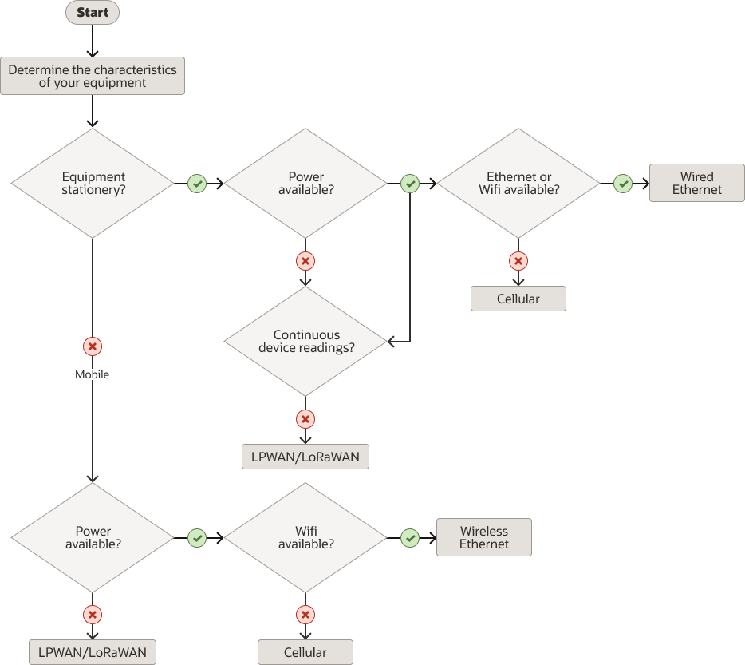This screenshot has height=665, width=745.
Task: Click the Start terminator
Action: [93, 13]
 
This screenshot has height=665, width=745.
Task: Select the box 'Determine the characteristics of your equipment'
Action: [93, 76]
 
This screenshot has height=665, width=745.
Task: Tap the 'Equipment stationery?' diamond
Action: [93, 184]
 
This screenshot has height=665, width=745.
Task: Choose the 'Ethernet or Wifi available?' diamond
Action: [518, 184]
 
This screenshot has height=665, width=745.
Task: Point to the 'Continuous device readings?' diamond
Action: [305, 342]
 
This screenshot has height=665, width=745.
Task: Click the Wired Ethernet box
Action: [696, 184]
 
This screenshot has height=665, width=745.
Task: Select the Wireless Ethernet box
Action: [483, 537]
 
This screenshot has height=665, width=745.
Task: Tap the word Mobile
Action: [93, 374]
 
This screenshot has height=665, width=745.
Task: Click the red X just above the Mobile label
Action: [93, 346]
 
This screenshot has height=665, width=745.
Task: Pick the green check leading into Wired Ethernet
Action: [623, 184]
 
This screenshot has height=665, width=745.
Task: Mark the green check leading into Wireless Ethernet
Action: [410, 538]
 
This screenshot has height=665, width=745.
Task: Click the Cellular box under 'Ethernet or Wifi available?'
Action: [518, 299]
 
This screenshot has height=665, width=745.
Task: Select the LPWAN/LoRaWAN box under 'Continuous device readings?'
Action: [305, 457]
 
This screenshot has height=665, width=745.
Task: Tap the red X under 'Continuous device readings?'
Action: [305, 419]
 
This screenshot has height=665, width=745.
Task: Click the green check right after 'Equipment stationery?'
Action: [197, 184]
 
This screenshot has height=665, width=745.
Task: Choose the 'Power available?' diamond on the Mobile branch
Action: [93, 537]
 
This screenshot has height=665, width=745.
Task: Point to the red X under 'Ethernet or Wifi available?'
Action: [518, 261]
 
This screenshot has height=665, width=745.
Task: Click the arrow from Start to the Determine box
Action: [93, 40]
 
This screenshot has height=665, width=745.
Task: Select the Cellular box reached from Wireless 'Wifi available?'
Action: [305, 652]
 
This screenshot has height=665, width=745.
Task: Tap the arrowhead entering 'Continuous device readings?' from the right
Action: [392, 342]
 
